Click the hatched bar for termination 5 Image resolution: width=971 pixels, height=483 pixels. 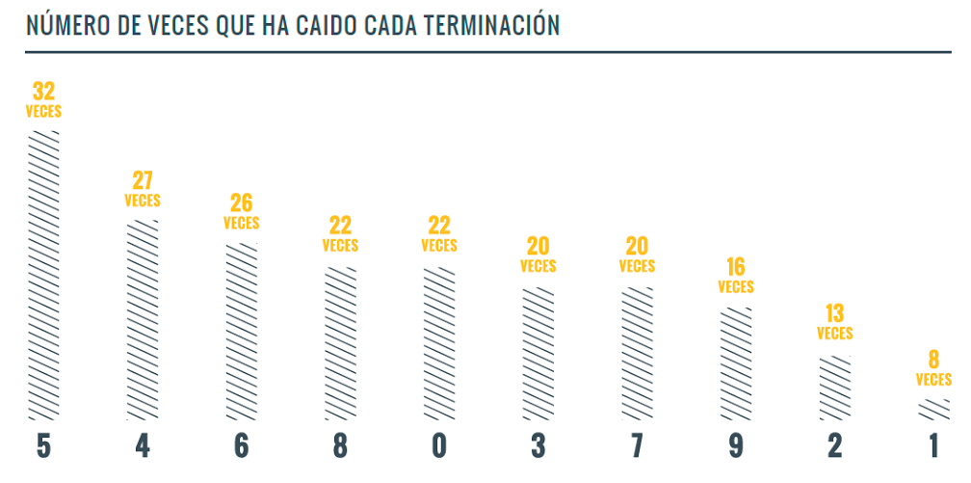click(43, 275)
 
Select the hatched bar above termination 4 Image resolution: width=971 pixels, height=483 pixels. click(143, 320)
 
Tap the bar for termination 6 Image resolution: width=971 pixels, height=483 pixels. click(241, 332)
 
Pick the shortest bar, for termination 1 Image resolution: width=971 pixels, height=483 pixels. click(933, 410)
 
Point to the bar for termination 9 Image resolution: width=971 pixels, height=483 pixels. click(736, 363)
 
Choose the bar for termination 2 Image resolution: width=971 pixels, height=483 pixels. click(834, 388)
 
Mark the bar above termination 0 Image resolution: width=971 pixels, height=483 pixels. click(439, 343)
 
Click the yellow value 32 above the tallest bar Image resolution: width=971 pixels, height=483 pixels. click(43, 92)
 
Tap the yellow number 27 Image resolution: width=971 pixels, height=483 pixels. click(143, 181)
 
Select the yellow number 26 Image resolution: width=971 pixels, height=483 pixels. click(241, 203)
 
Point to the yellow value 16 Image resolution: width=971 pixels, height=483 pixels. click(736, 267)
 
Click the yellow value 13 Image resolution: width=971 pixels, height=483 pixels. click(834, 313)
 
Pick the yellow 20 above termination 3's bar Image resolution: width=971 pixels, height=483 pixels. click(538, 246)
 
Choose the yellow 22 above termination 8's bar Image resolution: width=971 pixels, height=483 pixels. click(340, 226)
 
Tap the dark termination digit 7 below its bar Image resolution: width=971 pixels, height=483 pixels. click(637, 446)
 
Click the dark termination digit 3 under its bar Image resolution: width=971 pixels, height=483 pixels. click(538, 446)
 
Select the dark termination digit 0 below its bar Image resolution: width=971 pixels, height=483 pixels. click(439, 446)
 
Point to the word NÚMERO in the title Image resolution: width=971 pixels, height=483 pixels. click(63, 25)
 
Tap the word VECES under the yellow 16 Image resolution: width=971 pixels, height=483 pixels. click(736, 287)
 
